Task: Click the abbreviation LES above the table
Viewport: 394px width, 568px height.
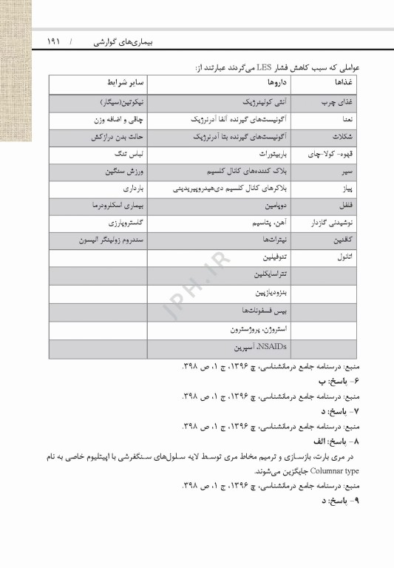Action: point(268,67)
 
